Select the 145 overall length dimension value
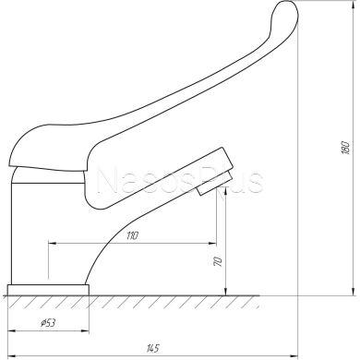[153, 348]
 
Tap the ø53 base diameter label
[48, 323]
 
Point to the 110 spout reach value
[133, 235]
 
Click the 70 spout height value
[218, 262]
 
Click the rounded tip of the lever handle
[287, 9]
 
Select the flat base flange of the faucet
[48, 290]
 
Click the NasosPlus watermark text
[179, 181]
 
